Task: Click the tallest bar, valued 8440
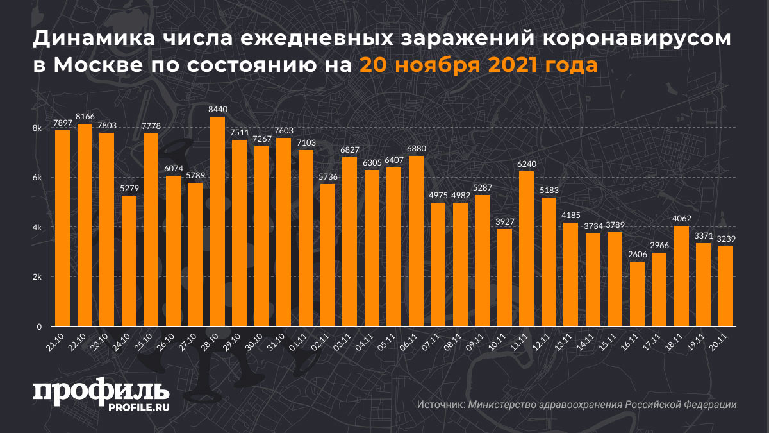217,221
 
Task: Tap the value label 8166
85,117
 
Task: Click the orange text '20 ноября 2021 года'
479,65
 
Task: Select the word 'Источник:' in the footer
440,405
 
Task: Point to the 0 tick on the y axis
38,327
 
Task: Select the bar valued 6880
416,241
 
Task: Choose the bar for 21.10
63,228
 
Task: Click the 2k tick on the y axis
37,277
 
